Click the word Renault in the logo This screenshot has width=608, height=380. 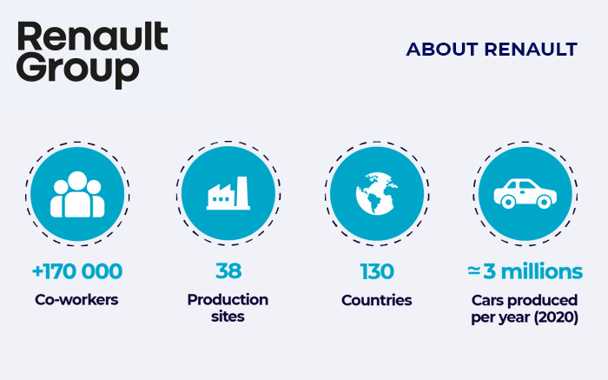pyautogui.click(x=92, y=38)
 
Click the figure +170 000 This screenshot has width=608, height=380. pyautogui.click(x=77, y=271)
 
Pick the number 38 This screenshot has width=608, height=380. pyautogui.click(x=228, y=271)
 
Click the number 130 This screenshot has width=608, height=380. pyautogui.click(x=376, y=271)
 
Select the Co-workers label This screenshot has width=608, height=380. pyautogui.click(x=77, y=300)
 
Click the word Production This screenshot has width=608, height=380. pyautogui.click(x=228, y=300)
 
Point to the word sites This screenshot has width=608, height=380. pyautogui.click(x=228, y=317)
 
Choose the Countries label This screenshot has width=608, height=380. pyautogui.click(x=376, y=300)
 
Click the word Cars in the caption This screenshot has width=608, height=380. pyautogui.click(x=492, y=300)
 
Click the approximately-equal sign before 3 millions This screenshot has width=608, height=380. pyautogui.click(x=473, y=271)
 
